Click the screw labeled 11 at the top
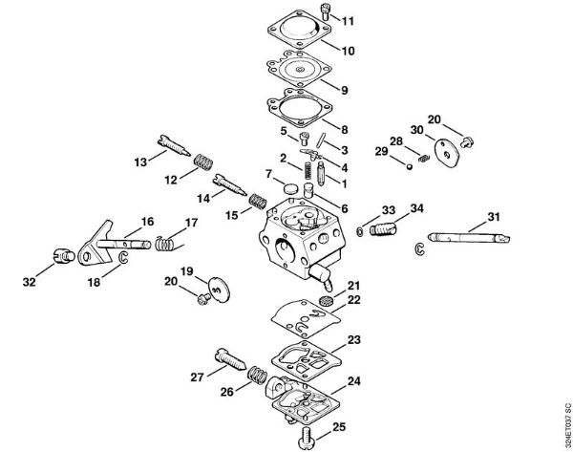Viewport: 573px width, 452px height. tap(325, 11)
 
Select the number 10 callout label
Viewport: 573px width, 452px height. tap(348, 51)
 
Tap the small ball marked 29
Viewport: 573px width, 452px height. tap(410, 166)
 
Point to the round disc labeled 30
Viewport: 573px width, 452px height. tap(446, 153)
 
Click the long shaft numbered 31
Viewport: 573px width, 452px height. tap(469, 238)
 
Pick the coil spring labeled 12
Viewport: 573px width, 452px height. tap(202, 162)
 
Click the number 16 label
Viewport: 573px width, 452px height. tap(148, 222)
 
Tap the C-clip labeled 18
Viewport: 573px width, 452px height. tap(124, 257)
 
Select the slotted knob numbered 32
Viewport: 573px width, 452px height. tap(64, 255)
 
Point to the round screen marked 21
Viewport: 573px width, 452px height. tap(325, 302)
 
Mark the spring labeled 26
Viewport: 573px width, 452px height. tap(258, 375)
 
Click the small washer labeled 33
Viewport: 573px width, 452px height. tap(359, 231)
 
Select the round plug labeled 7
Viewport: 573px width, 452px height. tap(291, 188)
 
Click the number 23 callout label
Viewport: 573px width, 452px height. tap(353, 340)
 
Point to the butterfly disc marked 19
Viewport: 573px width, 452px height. tap(219, 290)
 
